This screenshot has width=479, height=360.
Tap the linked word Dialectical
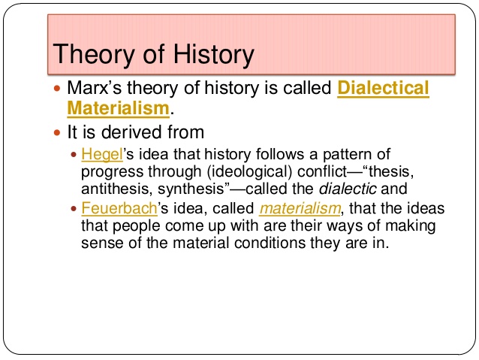click(384, 88)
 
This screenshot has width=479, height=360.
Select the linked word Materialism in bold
click(118, 108)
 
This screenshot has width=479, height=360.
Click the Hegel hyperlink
click(95, 155)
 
